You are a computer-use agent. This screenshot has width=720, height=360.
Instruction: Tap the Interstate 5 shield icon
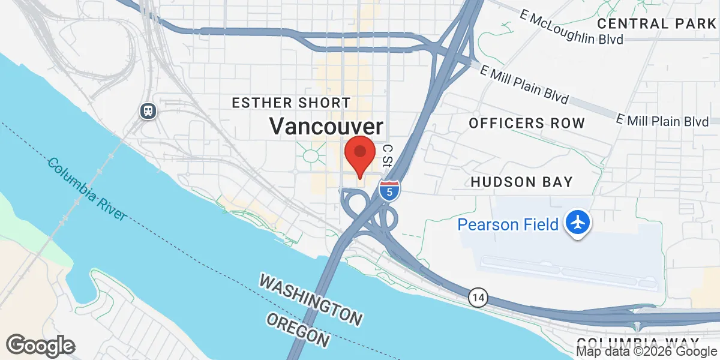[x=389, y=190]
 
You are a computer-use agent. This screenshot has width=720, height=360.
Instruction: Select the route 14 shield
[x=478, y=297]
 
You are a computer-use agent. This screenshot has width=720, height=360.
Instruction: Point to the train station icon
[x=147, y=110]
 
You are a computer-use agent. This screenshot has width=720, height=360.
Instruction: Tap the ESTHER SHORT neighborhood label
[x=291, y=103]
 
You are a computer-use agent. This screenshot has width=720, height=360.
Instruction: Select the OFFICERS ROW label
[x=526, y=124]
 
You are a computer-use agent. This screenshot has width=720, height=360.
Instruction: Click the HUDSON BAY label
[x=521, y=181]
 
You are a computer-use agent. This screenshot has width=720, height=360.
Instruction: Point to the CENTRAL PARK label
[x=658, y=24]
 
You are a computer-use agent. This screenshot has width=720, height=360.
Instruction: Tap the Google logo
[x=40, y=346]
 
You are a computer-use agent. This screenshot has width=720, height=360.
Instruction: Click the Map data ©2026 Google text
[x=646, y=352]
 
